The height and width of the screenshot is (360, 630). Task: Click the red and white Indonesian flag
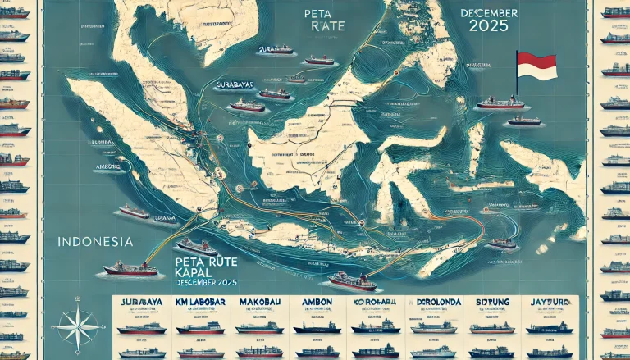pyautogui.click(x=536, y=65)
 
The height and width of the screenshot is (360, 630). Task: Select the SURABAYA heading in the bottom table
pyautogui.click(x=135, y=303)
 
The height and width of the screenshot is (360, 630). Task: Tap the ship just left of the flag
pyautogui.click(x=499, y=103)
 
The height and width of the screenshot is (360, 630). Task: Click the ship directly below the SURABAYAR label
pyautogui.click(x=247, y=105)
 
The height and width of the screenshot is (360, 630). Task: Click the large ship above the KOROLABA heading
pyautogui.click(x=353, y=281)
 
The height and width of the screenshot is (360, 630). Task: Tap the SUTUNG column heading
pyautogui.click(x=491, y=303)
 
